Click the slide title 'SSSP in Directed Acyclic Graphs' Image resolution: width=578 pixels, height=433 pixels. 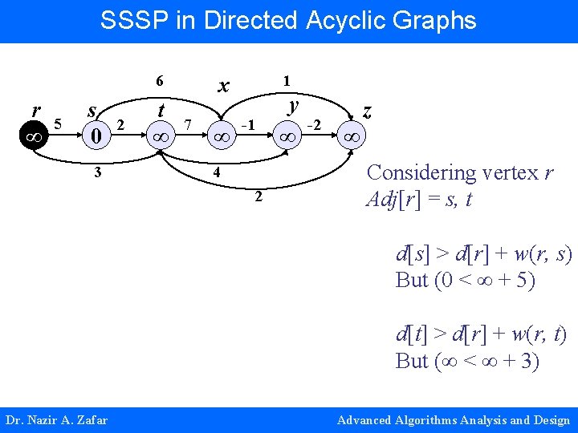[x=288, y=20]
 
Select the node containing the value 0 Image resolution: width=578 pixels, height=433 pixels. [x=96, y=136]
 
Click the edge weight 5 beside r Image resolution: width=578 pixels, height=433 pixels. [x=58, y=123]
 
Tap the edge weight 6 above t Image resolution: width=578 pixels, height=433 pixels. [x=160, y=81]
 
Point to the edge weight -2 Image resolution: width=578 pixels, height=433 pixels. [x=315, y=124]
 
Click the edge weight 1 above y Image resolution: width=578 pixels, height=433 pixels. [x=285, y=80]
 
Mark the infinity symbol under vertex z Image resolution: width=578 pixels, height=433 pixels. [x=352, y=137]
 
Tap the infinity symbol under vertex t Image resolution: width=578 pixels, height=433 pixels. [x=160, y=137]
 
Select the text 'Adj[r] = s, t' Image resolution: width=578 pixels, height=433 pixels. [x=417, y=199]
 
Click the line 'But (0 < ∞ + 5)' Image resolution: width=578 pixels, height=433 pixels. [x=465, y=281]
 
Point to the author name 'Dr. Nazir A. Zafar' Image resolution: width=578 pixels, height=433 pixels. [x=56, y=420]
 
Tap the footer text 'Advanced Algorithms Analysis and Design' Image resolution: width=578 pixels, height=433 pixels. [x=454, y=420]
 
